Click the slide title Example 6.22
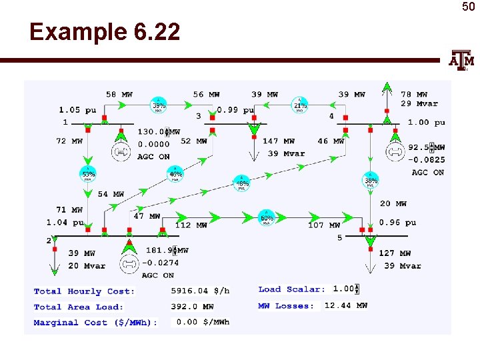[x=105, y=32]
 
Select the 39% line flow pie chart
[x=159, y=105]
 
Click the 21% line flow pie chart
[x=300, y=105]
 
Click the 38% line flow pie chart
[x=371, y=179]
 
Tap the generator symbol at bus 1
[x=122, y=153]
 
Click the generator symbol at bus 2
[x=129, y=263]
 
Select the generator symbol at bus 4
[x=395, y=152]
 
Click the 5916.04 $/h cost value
[x=200, y=291]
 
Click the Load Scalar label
[x=291, y=289]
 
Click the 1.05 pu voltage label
[x=78, y=110]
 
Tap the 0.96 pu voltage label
[x=397, y=223]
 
